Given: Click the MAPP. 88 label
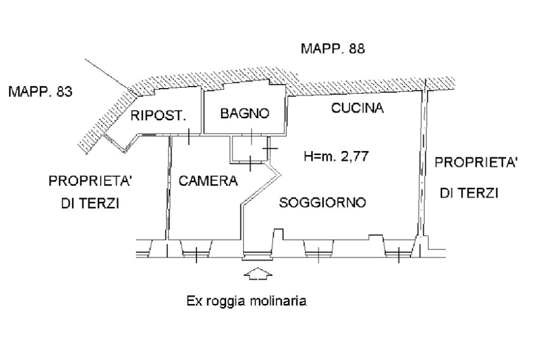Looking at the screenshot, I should [332, 49].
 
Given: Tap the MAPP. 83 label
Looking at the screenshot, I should [41, 92].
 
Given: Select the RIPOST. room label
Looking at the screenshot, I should [158, 116].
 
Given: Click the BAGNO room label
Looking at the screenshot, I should [245, 113].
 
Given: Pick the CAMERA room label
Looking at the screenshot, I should [208, 181].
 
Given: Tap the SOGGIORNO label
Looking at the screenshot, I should [323, 202].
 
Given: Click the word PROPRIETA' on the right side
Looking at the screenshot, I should [475, 163].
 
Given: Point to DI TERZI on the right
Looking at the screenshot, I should [469, 194].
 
